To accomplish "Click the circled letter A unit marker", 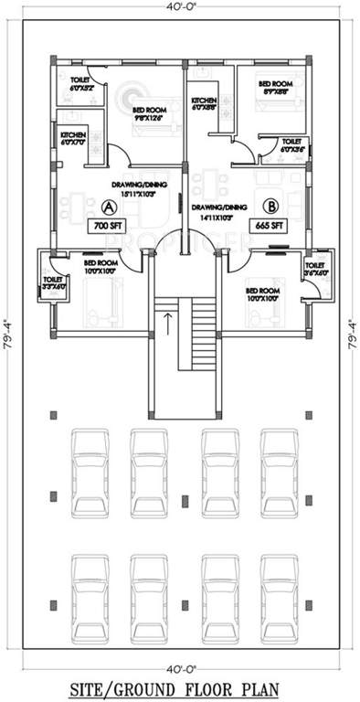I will (107, 207).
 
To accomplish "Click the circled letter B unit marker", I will (270, 207).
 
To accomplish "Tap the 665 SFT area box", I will (268, 225).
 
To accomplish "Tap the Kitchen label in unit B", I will (203, 104).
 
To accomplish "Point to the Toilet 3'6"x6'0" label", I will (313, 267).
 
